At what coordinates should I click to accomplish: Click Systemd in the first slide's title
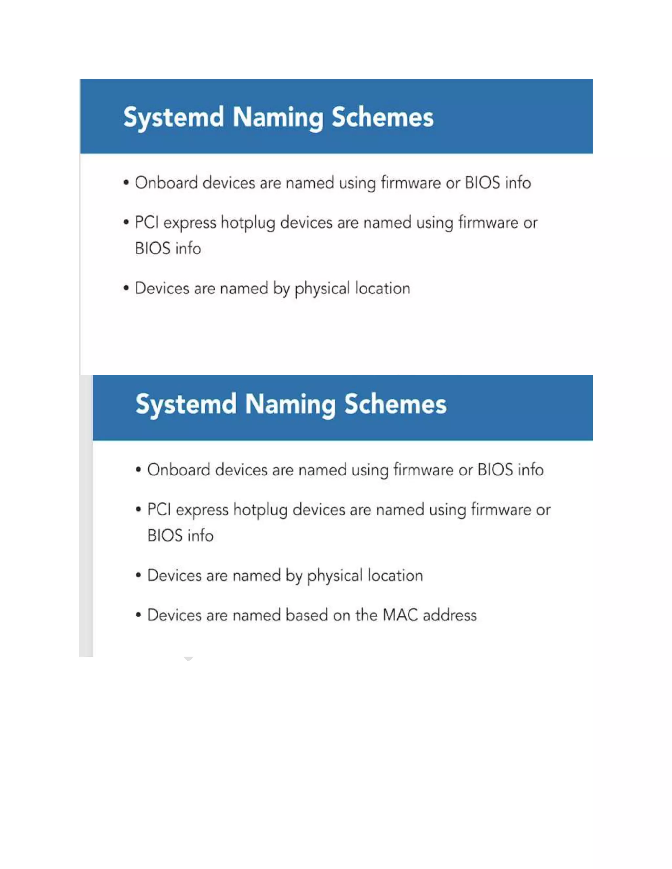pos(174,117)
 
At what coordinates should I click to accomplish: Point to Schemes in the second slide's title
pos(395,404)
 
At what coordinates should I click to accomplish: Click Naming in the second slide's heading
pos(290,404)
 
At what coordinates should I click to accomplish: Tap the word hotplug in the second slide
pos(260,510)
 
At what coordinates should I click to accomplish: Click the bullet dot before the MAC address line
pos(138,615)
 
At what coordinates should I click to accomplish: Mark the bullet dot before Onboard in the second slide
pos(138,470)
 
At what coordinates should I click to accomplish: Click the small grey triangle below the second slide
pos(188,659)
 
